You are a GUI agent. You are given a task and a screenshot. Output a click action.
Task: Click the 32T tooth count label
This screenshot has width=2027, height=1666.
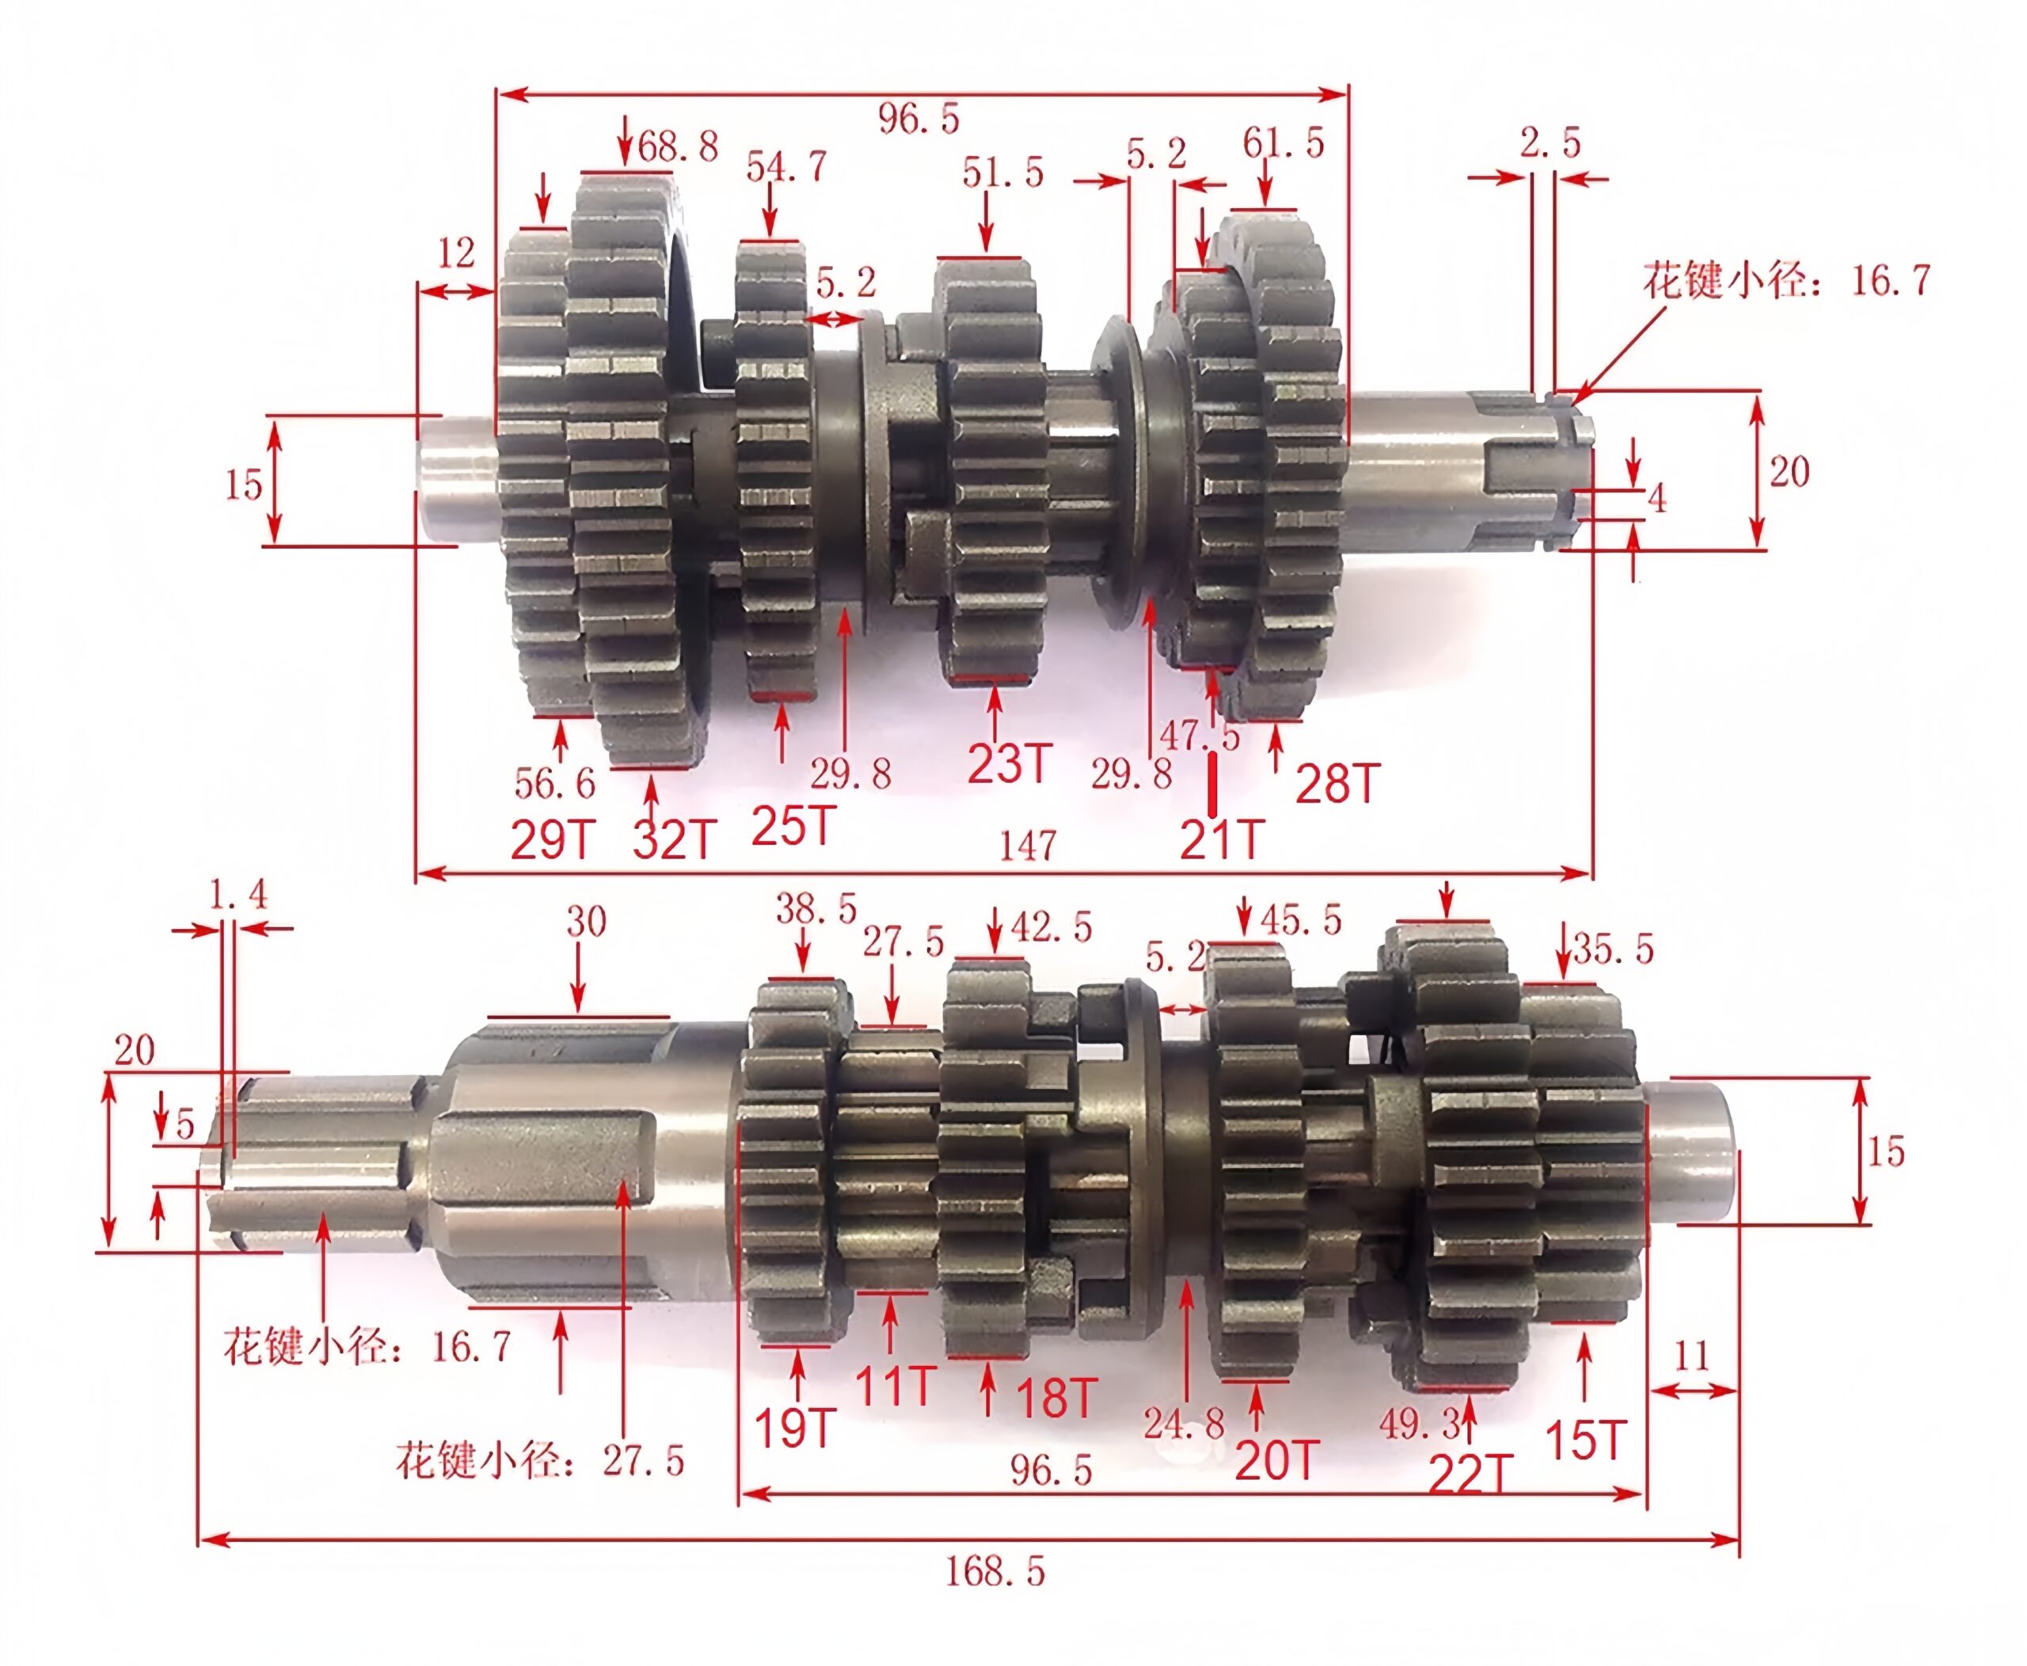[674, 841]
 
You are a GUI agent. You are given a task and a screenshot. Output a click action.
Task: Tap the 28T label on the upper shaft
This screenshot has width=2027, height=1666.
[1337, 784]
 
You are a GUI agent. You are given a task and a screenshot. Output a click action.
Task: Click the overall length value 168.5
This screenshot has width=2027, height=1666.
[994, 1572]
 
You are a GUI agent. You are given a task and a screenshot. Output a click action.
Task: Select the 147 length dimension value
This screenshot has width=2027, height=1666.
[1027, 845]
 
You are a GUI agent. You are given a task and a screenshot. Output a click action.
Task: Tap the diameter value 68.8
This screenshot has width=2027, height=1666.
[678, 146]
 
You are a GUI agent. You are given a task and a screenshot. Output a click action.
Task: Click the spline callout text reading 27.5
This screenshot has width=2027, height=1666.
[539, 1461]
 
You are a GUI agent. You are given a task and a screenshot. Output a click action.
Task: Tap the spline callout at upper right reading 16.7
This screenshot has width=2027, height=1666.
[1786, 280]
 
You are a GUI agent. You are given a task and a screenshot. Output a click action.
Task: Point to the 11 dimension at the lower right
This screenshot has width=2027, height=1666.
[1691, 1356]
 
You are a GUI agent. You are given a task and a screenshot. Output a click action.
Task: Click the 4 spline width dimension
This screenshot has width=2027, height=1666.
[1656, 498]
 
